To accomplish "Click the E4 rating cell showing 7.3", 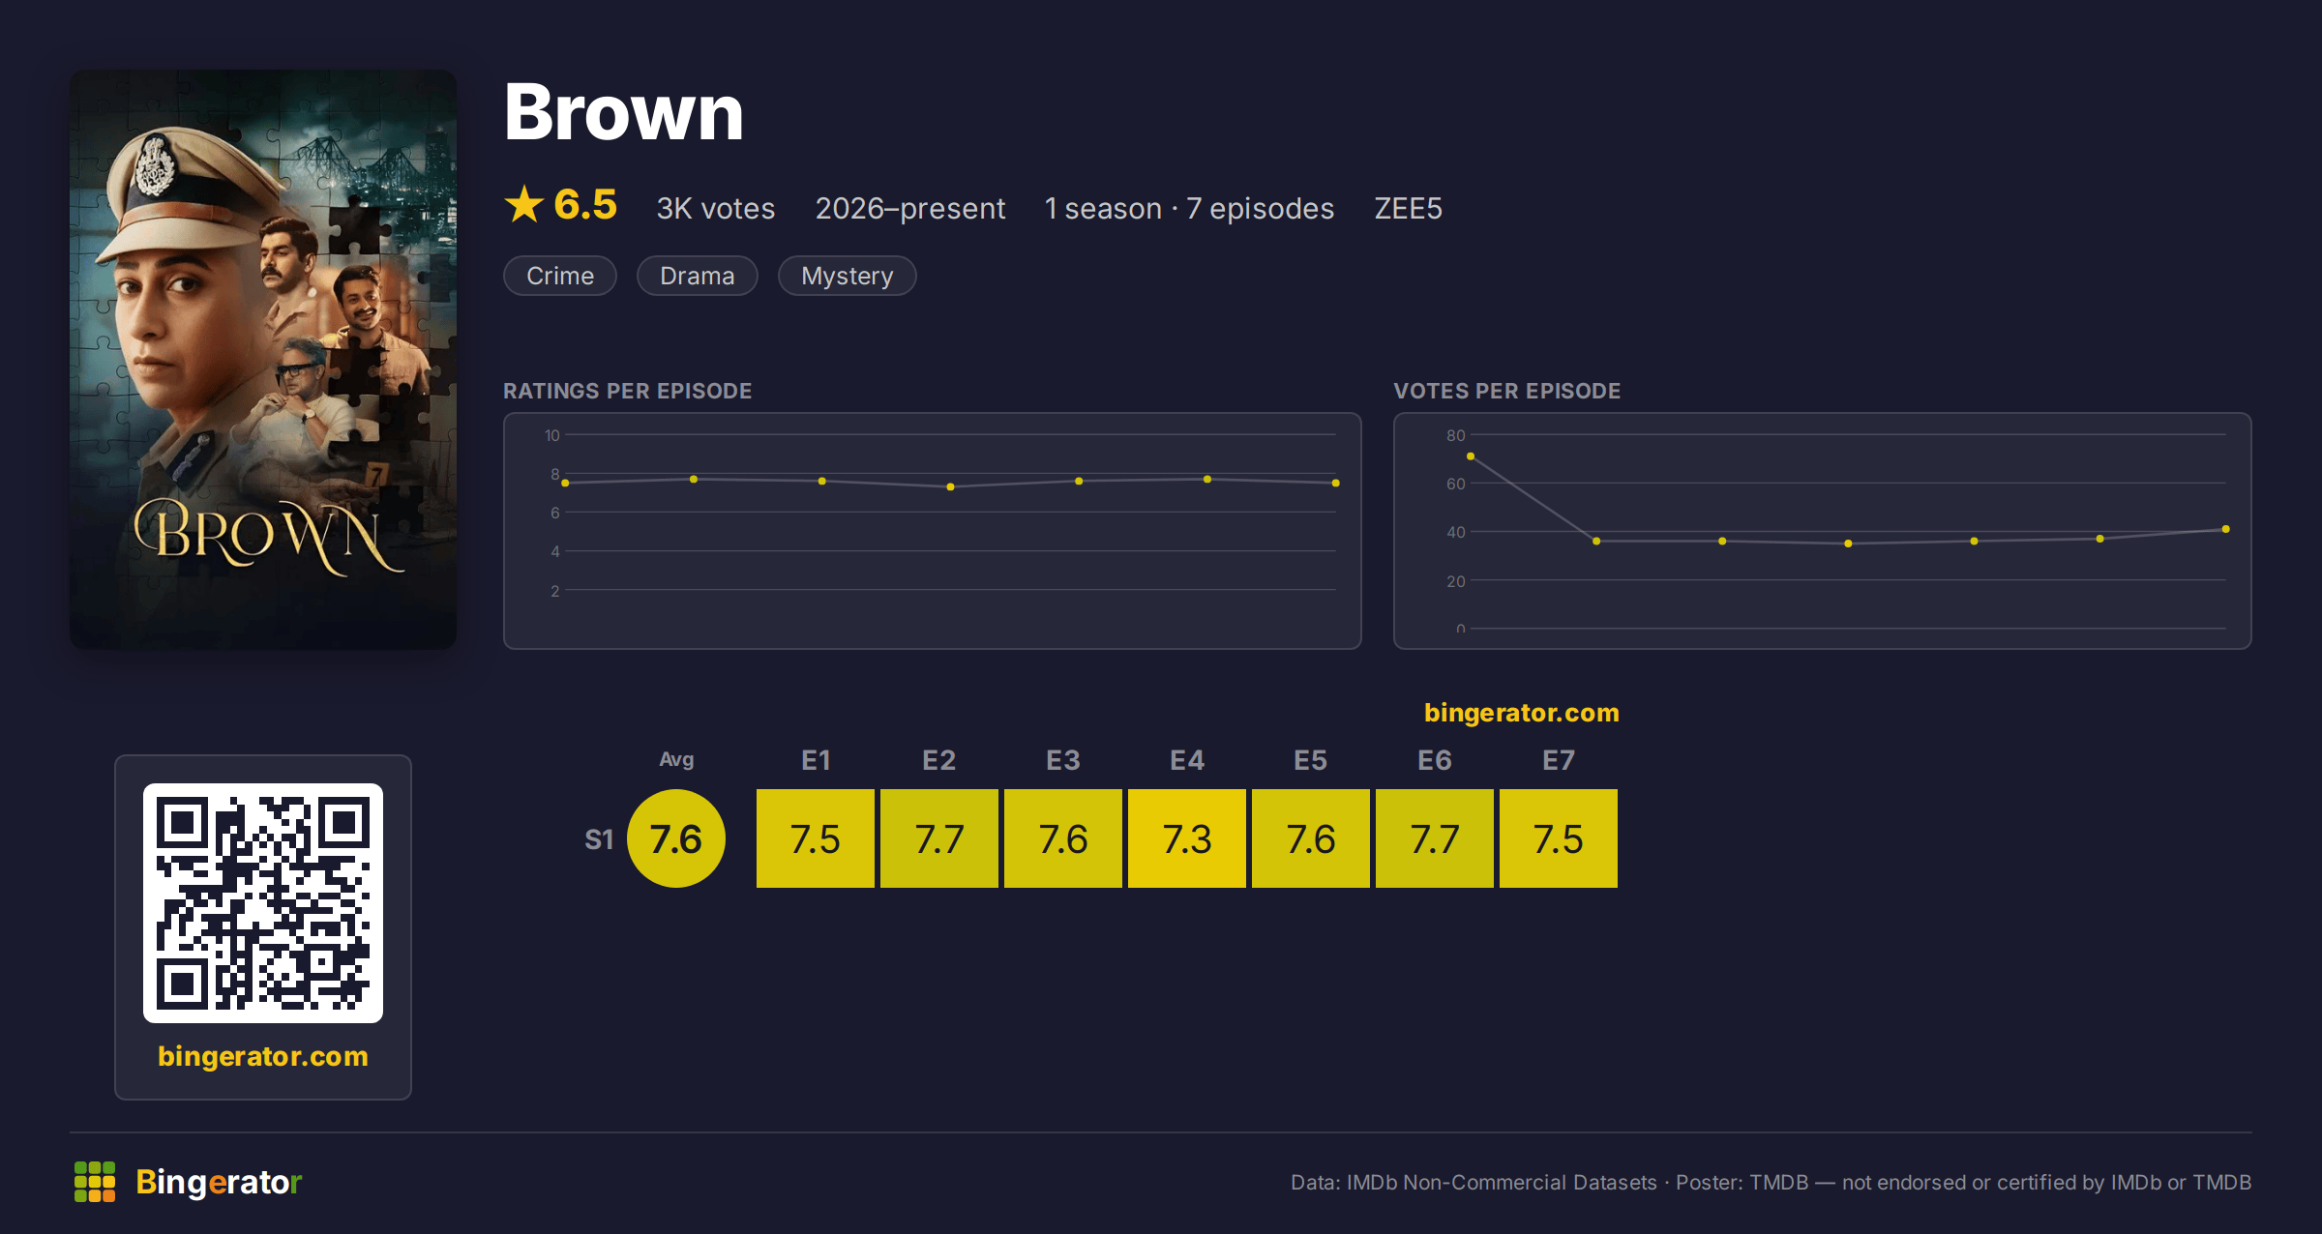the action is tap(1187, 838).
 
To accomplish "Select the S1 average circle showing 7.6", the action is tap(676, 838).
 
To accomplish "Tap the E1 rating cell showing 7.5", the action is tap(816, 838).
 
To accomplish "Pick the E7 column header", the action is tap(1559, 760).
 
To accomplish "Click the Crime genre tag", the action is tap(560, 276).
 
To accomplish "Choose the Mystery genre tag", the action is tap(848, 276).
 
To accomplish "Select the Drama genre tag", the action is tap(698, 276).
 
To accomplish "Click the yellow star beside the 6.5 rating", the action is tap(524, 204).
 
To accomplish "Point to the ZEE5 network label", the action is tap(1408, 208).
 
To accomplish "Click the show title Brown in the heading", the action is tap(624, 112).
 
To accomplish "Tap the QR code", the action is tap(263, 903).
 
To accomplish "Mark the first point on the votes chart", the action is tap(1471, 456).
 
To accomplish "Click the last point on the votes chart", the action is tap(2226, 529).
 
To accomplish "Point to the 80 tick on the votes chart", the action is tap(1455, 435).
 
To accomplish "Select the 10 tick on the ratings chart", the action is tap(551, 435).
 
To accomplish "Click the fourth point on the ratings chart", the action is tap(950, 486).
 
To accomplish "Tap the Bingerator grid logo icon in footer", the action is tap(95, 1182).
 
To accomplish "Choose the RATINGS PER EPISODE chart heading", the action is tap(628, 391).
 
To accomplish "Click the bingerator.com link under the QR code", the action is tap(263, 1056).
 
